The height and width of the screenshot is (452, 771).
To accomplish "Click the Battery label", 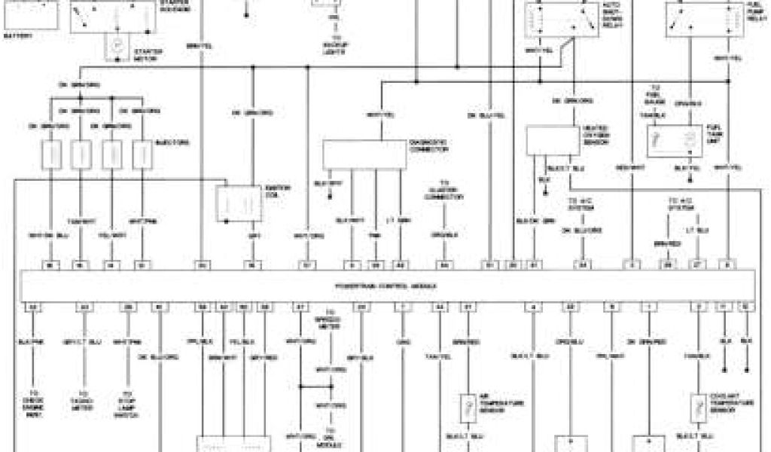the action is (20, 35).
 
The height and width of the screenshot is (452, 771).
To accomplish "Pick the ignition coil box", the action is (239, 203).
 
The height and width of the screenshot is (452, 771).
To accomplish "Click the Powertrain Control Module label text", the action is (385, 287).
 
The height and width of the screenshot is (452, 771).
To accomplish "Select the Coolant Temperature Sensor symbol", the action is (699, 408).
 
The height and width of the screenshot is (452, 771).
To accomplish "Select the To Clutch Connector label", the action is (443, 193).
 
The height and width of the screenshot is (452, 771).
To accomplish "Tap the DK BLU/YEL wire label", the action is (481, 115).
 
